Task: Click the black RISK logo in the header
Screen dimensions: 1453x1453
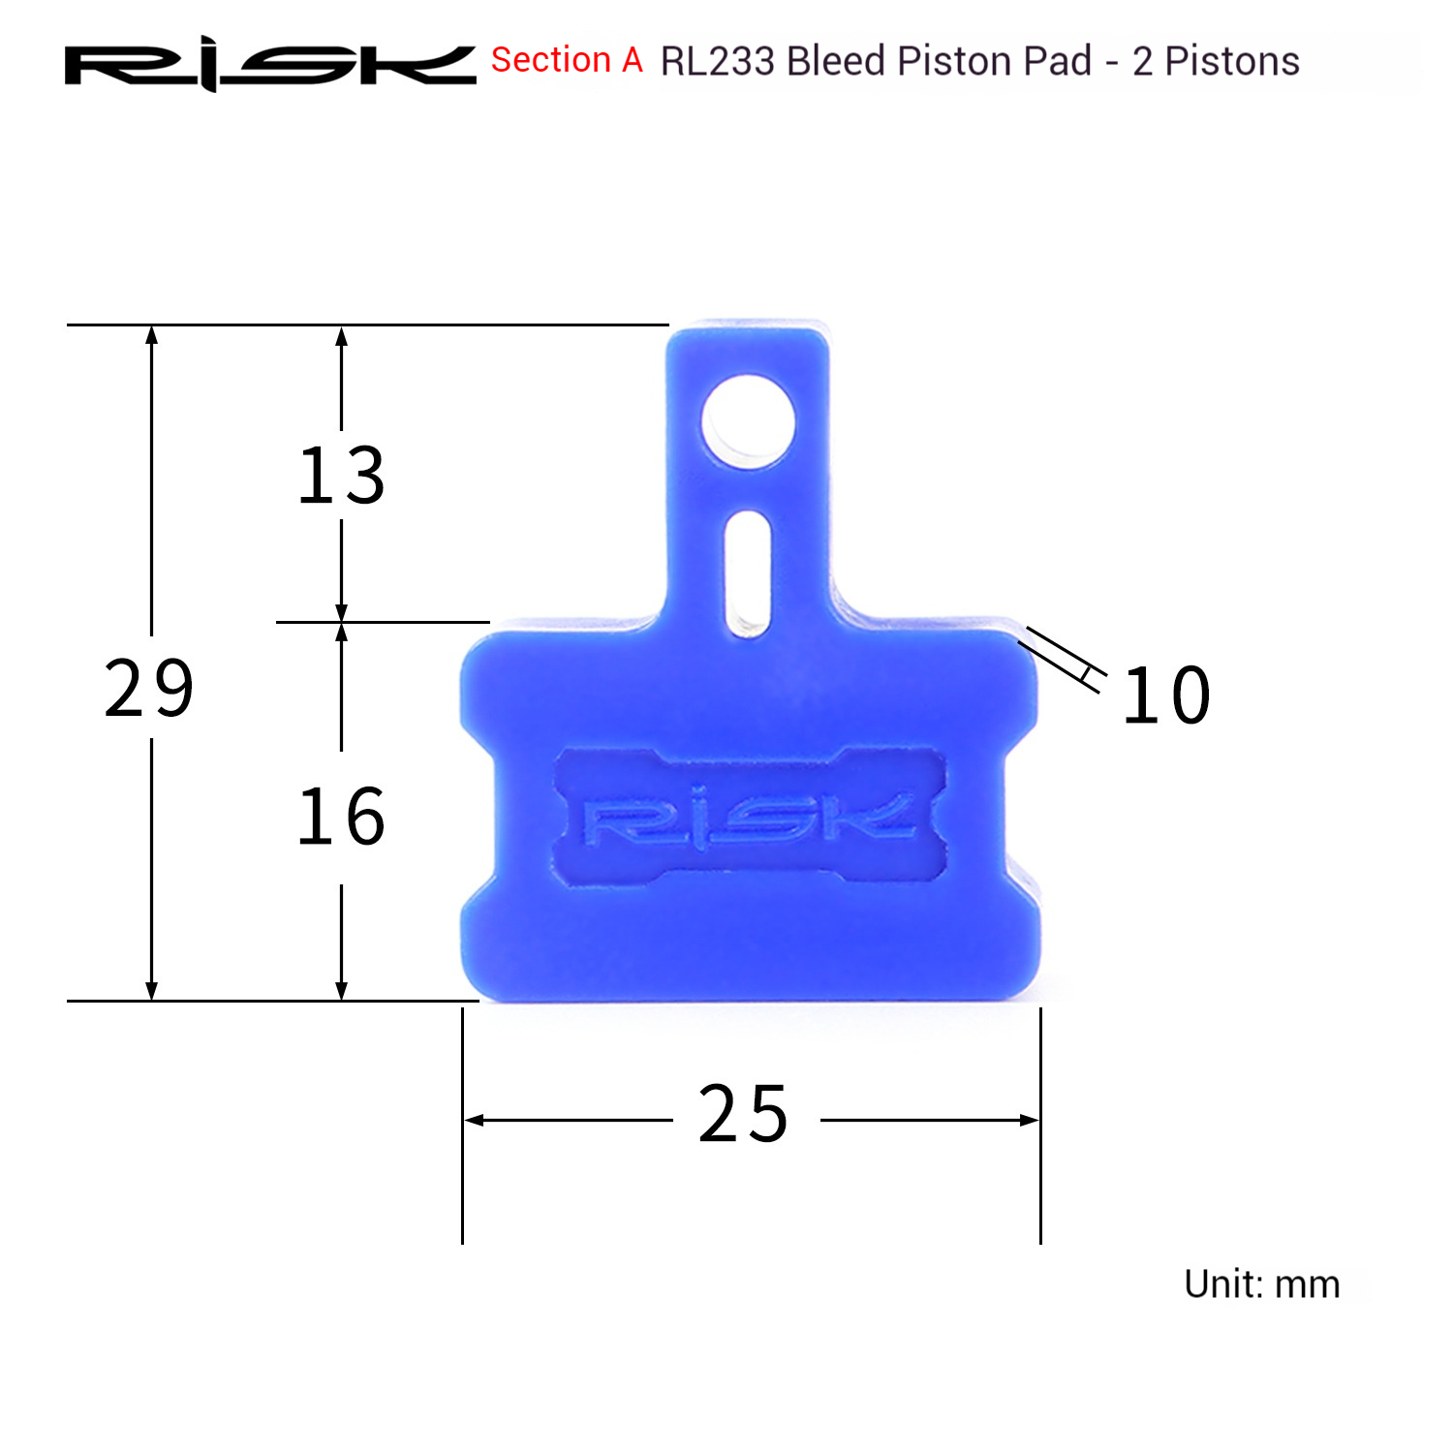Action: [269, 64]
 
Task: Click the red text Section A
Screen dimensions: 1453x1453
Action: [567, 60]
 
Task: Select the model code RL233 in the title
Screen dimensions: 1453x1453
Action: [717, 61]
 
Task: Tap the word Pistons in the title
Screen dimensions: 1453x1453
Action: [1231, 61]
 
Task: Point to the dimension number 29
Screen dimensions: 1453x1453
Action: [149, 689]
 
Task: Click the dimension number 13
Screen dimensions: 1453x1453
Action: [341, 476]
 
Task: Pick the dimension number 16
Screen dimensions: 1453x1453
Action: [341, 817]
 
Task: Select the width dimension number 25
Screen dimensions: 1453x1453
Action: [743, 1114]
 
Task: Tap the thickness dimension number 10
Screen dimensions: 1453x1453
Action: [1166, 696]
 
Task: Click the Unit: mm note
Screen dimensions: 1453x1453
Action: [1261, 1284]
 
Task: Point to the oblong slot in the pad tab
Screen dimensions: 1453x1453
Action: [748, 573]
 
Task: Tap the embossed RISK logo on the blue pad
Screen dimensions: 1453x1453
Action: [749, 819]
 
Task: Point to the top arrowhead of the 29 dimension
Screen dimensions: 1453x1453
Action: [151, 335]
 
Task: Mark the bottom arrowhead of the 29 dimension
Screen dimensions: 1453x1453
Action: [151, 991]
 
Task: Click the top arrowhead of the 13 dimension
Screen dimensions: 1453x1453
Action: [341, 335]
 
